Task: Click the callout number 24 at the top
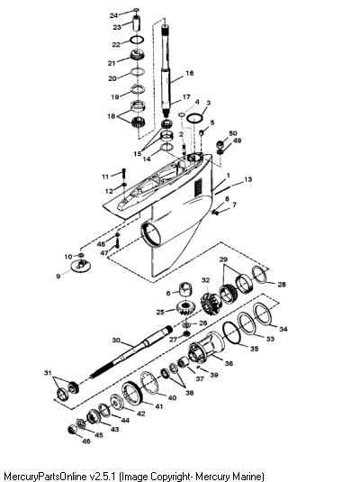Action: (113, 15)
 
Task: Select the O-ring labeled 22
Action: (137, 36)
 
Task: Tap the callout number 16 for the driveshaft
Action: (190, 73)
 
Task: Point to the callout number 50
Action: (233, 133)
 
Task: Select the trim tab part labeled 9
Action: (81, 266)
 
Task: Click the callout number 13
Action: (247, 179)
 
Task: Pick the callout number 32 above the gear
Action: (205, 280)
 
